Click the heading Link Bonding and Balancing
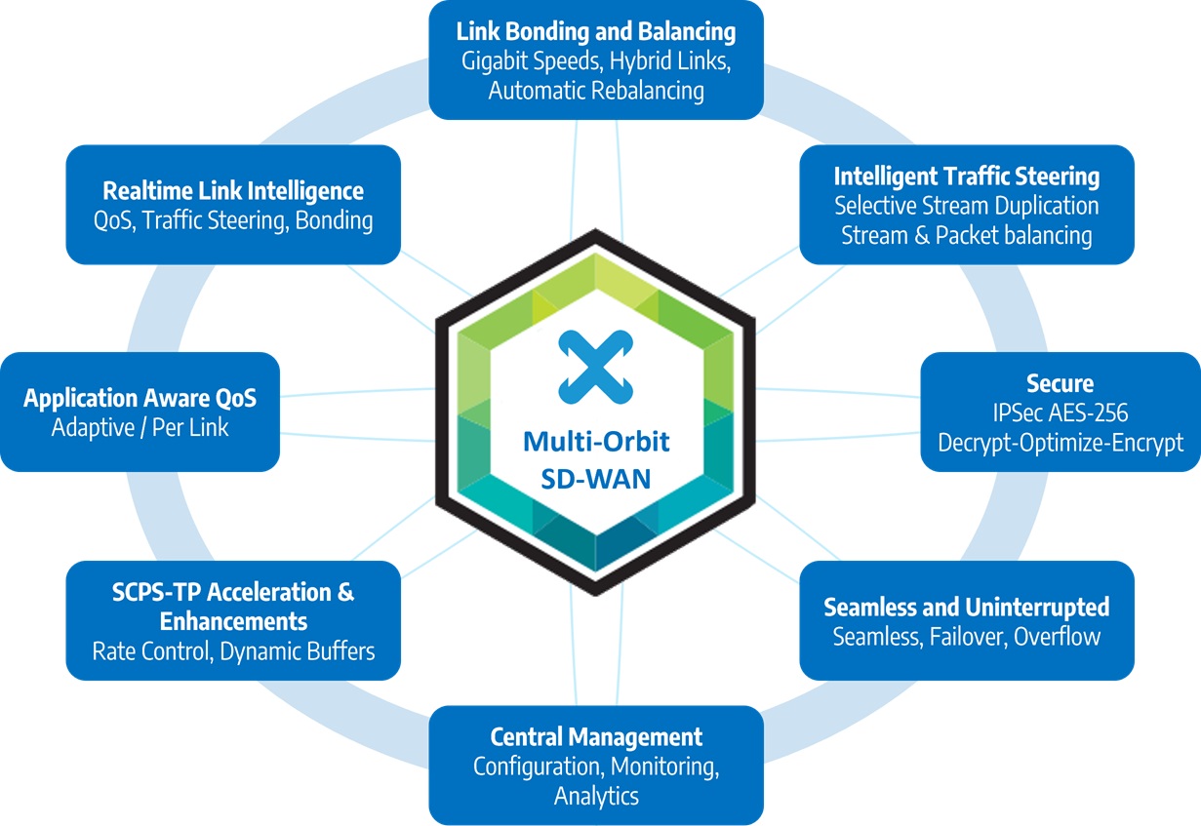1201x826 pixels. [x=596, y=31]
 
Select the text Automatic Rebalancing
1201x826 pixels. [x=596, y=92]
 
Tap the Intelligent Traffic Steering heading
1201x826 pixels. [x=966, y=177]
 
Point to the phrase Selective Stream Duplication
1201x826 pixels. [x=966, y=206]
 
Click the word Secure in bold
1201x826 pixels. [x=1060, y=383]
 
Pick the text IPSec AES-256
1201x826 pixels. [x=1060, y=413]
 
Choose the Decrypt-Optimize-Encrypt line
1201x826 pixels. [x=1060, y=443]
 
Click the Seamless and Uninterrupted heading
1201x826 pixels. [x=966, y=607]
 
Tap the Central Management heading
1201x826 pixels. [x=596, y=735]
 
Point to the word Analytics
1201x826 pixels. [x=596, y=796]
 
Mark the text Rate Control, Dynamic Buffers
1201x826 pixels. [x=233, y=650]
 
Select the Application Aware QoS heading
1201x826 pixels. [x=140, y=398]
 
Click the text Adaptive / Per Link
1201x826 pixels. [x=140, y=427]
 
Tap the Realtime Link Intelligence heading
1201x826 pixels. [x=233, y=190]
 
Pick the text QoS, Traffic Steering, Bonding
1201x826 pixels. [x=233, y=220]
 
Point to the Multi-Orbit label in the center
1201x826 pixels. [x=596, y=442]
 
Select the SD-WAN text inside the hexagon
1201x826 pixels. [x=596, y=480]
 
